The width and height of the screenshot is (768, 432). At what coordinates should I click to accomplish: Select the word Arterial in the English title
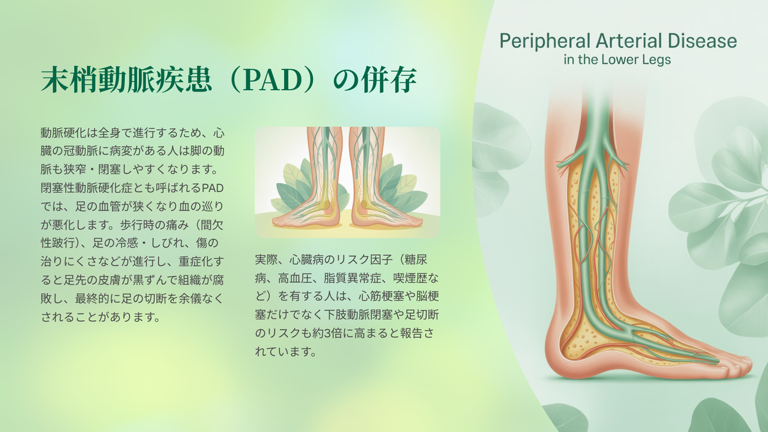click(x=629, y=41)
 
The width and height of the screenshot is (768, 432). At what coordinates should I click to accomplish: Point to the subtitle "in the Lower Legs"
click(x=617, y=60)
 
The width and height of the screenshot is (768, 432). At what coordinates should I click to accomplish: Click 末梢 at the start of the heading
click(x=69, y=80)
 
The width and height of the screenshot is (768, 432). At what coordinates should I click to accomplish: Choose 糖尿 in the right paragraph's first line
click(x=416, y=260)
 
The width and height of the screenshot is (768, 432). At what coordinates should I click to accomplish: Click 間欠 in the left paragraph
click(x=212, y=225)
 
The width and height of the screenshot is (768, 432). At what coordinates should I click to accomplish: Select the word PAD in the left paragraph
click(x=212, y=188)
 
